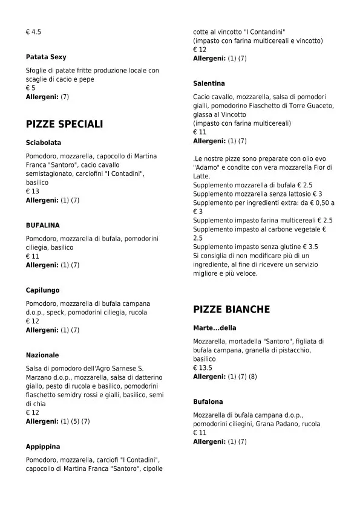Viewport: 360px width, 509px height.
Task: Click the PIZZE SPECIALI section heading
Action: pyautogui.click(x=64, y=124)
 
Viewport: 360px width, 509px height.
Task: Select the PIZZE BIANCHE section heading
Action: pyautogui.click(x=231, y=310)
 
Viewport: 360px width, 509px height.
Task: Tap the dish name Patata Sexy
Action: pyautogui.click(x=46, y=57)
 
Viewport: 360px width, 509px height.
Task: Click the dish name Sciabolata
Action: pyautogui.click(x=43, y=143)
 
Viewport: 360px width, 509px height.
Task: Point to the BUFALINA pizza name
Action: pyautogui.click(x=42, y=225)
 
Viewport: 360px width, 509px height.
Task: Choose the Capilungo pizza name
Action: pyautogui.click(x=42, y=290)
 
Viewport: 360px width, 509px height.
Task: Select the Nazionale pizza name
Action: pyautogui.click(x=42, y=355)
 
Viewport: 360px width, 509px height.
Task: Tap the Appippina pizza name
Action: pyautogui.click(x=43, y=447)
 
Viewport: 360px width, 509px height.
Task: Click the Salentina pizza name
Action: pyautogui.click(x=209, y=83)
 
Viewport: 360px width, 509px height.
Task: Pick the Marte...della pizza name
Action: pyautogui.click(x=215, y=328)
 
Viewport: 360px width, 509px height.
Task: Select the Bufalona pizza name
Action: pyautogui.click(x=208, y=401)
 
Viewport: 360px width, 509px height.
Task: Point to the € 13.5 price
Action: pyautogui.click(x=203, y=368)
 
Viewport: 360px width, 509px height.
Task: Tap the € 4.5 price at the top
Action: pyautogui.click(x=33, y=31)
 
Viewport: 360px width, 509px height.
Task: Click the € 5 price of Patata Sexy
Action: pyautogui.click(x=30, y=88)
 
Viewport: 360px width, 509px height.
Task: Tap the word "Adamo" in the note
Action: pyautogui.click(x=207, y=167)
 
